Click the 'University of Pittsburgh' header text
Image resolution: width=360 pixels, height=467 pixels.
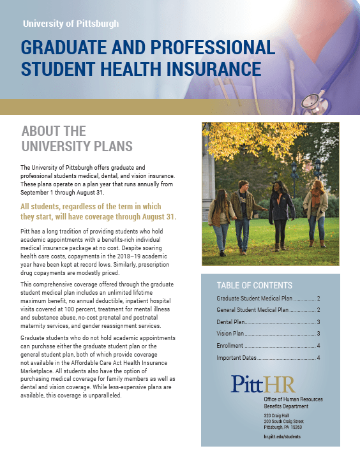(x=70, y=24)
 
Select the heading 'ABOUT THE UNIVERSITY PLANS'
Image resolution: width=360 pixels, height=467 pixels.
(x=77, y=138)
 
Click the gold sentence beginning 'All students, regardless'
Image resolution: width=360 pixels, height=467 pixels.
(x=98, y=212)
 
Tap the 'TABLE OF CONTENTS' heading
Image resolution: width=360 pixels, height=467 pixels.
(x=254, y=285)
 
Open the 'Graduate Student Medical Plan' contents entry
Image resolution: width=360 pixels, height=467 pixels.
(x=267, y=299)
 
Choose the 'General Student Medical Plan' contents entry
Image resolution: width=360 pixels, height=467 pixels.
(x=267, y=310)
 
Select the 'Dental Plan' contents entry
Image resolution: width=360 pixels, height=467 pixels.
(x=267, y=322)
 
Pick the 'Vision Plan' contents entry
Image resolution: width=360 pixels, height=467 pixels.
(x=267, y=334)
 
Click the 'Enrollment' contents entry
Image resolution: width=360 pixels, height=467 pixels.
(x=267, y=346)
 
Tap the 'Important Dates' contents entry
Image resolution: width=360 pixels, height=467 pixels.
(x=267, y=357)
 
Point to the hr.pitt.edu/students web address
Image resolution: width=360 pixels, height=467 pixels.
(x=281, y=437)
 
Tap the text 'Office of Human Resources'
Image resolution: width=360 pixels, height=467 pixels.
(x=293, y=399)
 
